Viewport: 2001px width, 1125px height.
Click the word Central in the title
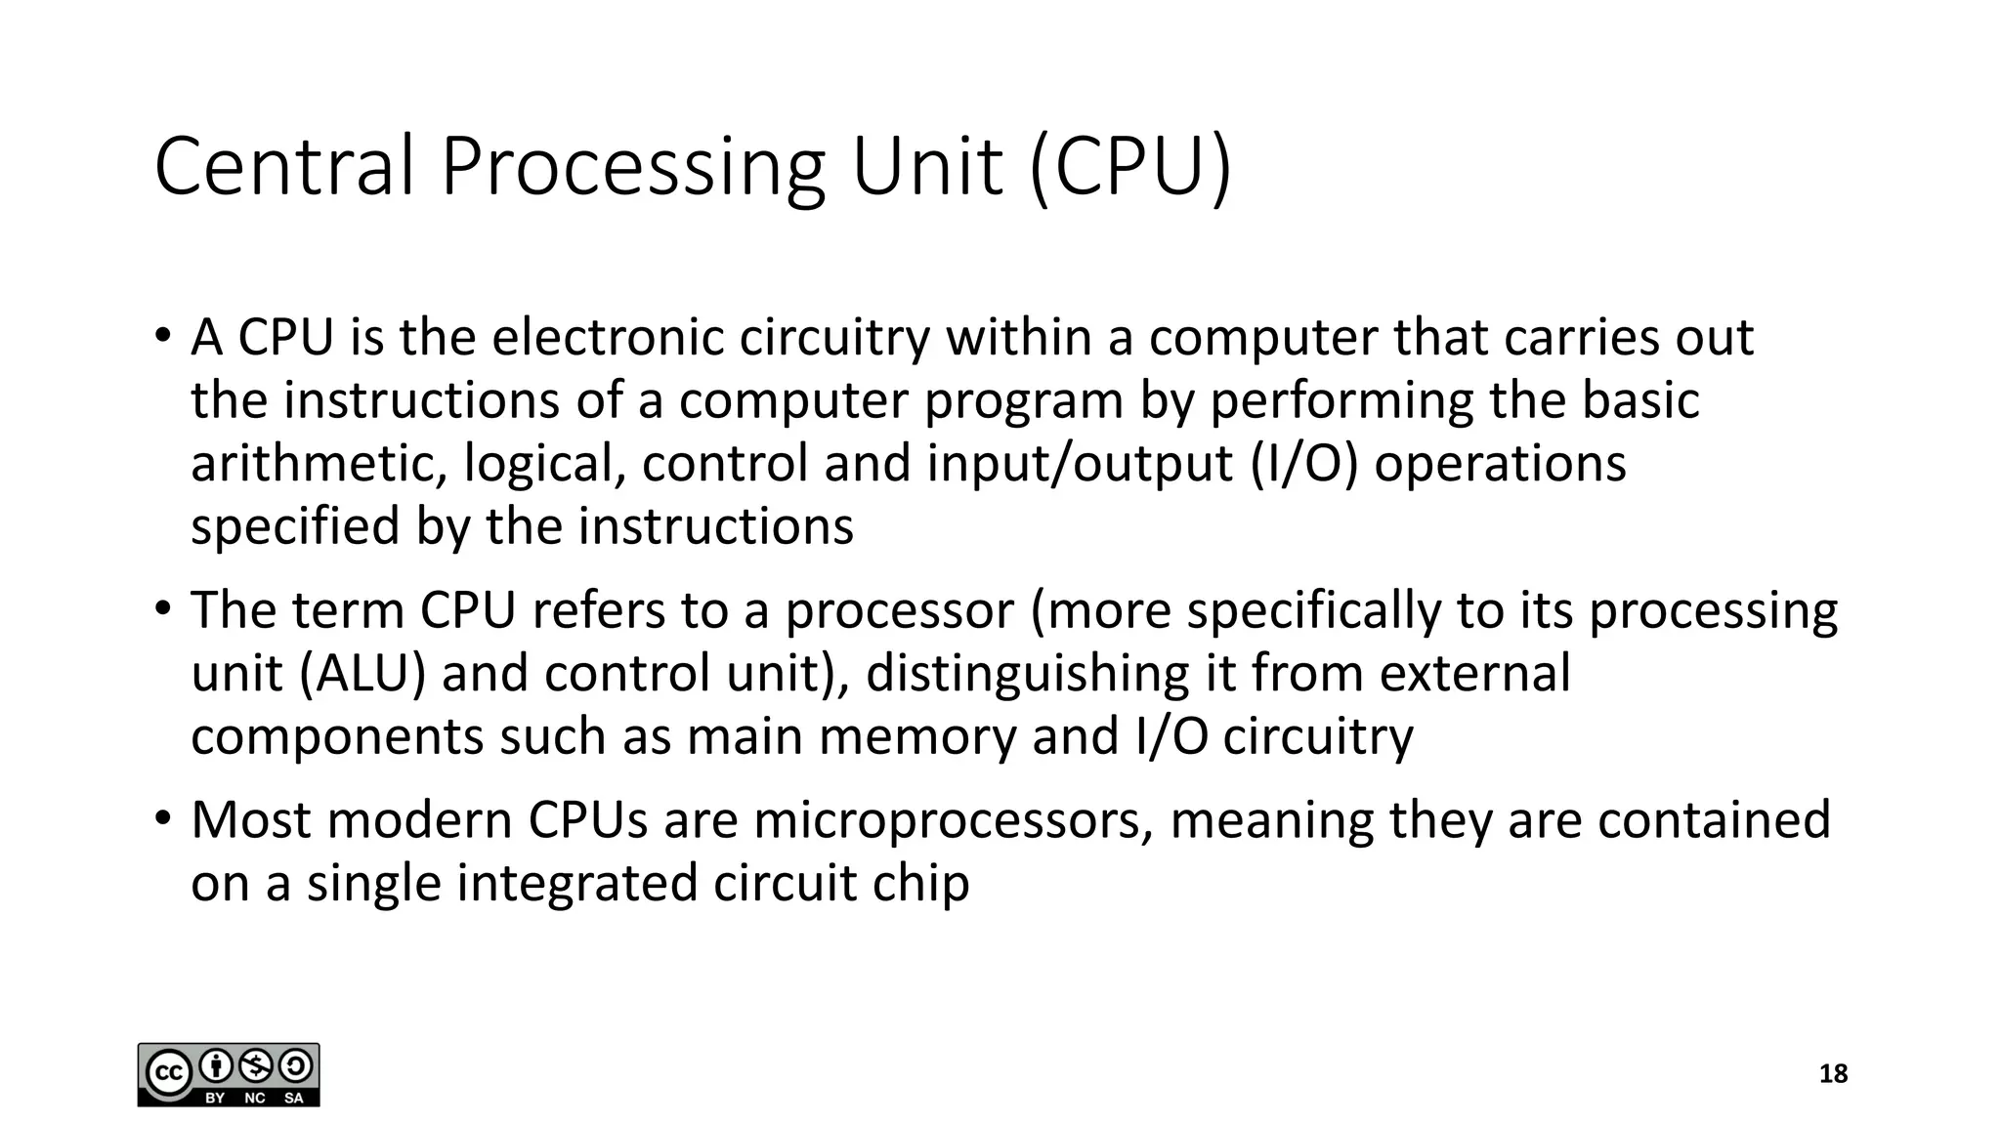pos(284,167)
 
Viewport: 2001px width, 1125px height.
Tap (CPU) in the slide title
pos(1130,167)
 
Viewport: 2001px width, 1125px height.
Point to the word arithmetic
pos(311,464)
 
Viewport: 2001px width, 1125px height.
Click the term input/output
pos(1080,464)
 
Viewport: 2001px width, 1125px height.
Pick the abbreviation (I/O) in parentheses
pos(1303,464)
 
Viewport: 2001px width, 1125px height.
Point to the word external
pos(1474,674)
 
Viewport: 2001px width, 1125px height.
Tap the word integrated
pos(576,884)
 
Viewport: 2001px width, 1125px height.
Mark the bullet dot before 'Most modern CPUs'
pos(162,817)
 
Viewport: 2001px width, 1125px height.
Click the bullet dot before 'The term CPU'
pos(162,608)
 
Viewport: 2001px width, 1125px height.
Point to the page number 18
pos(1833,1074)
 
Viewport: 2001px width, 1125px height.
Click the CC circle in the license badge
pos(168,1073)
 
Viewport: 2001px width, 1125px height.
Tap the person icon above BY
pos(215,1064)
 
